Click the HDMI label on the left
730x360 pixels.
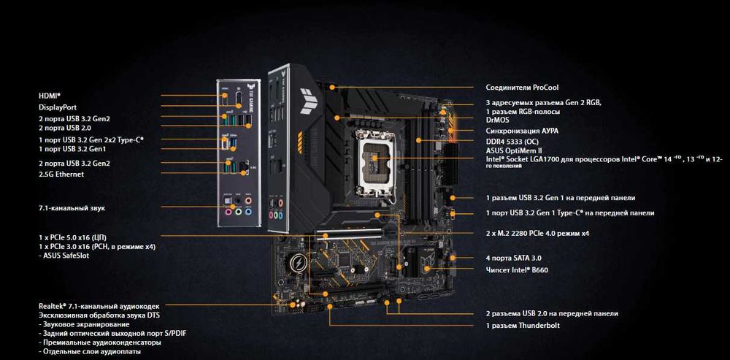point(50,96)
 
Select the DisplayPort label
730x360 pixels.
point(57,107)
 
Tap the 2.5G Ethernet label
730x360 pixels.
point(61,175)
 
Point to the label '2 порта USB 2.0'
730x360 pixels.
point(65,128)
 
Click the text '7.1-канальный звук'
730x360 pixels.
point(72,208)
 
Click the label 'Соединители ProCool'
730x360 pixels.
point(523,87)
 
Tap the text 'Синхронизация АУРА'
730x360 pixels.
point(522,131)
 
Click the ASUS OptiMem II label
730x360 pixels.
point(514,150)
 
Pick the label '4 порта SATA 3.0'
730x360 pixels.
point(513,258)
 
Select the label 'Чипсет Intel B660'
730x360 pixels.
point(517,269)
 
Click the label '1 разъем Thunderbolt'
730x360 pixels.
point(523,326)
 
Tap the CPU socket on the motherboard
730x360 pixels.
point(376,162)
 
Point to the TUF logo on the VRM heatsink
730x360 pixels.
point(309,101)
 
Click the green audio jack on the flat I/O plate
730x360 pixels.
point(239,212)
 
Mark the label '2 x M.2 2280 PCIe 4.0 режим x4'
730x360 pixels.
point(537,234)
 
